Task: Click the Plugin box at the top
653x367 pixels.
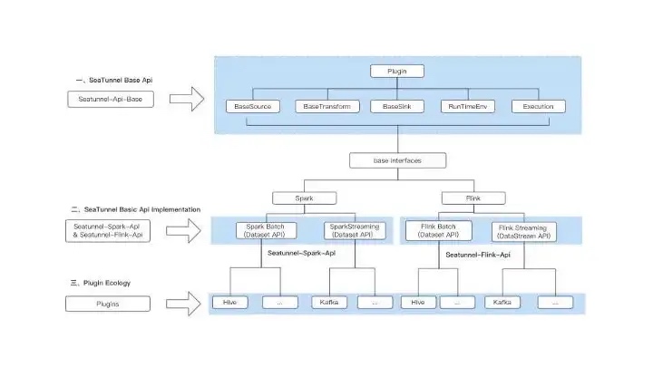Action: [x=397, y=71]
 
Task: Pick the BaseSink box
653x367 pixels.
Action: [x=397, y=106]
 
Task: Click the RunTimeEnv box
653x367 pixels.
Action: [x=469, y=106]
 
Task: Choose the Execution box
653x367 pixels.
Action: [x=538, y=106]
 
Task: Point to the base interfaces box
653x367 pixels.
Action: [x=397, y=160]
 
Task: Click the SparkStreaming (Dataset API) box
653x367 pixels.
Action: [x=355, y=230]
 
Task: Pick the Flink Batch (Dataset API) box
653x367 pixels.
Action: [x=438, y=229]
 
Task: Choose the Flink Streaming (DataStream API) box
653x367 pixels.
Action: [x=526, y=231]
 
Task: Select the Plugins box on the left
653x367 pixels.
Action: [x=111, y=304]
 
